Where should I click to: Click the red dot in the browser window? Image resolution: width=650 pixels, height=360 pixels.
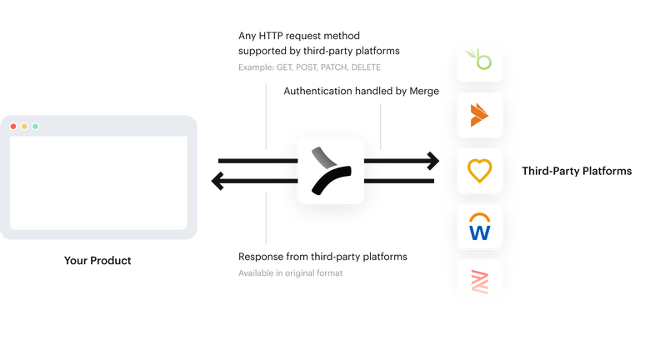pyautogui.click(x=13, y=126)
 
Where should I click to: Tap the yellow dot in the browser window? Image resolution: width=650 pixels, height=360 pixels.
pyautogui.click(x=24, y=126)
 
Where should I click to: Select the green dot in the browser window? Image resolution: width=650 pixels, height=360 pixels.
pyautogui.click(x=35, y=126)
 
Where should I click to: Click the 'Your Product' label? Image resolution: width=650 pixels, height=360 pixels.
pyautogui.click(x=97, y=261)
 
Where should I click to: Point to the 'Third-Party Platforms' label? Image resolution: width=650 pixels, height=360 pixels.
pyautogui.click(x=577, y=171)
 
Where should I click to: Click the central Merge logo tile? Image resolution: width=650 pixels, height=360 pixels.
pyautogui.click(x=331, y=170)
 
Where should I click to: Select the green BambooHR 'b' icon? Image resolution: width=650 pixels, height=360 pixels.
pyautogui.click(x=480, y=60)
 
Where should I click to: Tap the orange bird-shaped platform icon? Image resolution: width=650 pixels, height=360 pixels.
pyautogui.click(x=480, y=116)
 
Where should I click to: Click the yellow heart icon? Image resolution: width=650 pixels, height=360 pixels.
pyautogui.click(x=480, y=171)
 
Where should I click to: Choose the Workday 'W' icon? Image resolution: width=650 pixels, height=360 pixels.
pyautogui.click(x=480, y=227)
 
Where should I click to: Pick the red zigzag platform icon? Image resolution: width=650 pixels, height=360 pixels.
pyautogui.click(x=480, y=282)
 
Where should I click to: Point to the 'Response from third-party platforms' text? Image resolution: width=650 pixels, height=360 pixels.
pyautogui.click(x=323, y=257)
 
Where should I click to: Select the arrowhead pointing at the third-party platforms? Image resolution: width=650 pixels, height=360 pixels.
pyautogui.click(x=432, y=158)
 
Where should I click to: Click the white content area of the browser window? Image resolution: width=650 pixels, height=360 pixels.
pyautogui.click(x=98, y=182)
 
